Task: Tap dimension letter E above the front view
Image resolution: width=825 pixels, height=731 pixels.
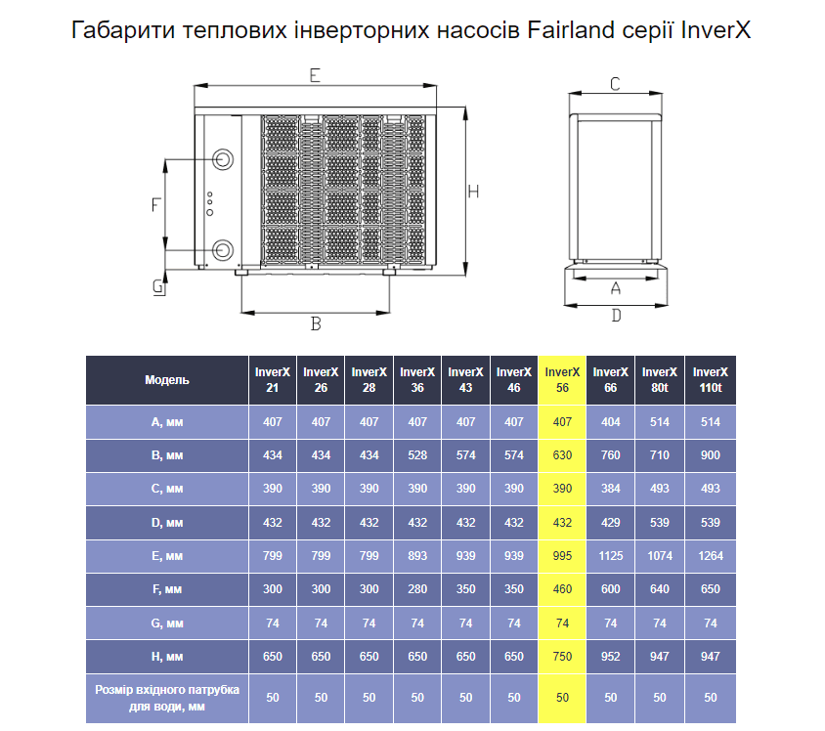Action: [x=315, y=75]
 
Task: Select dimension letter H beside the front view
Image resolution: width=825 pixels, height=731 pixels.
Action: [x=473, y=192]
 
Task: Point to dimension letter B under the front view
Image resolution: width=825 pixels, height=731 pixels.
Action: [x=316, y=323]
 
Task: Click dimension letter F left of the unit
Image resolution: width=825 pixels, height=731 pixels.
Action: [x=155, y=204]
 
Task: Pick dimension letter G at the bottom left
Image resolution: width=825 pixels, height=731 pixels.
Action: [x=157, y=286]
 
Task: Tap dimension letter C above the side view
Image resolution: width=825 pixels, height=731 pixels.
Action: [x=615, y=84]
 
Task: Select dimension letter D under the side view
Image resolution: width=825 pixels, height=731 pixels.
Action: [x=616, y=315]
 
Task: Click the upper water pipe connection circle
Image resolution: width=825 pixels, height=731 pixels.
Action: [x=223, y=159]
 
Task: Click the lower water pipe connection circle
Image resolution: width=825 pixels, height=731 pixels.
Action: [x=223, y=250]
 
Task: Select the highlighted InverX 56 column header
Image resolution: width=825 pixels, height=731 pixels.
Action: [x=562, y=380]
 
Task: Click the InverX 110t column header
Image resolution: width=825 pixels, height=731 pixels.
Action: [x=711, y=380]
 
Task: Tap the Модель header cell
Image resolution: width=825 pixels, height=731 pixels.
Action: [x=167, y=380]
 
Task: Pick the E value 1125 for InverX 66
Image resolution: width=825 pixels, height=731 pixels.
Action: [x=610, y=556]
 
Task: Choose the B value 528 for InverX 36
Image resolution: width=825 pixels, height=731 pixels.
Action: [x=417, y=454]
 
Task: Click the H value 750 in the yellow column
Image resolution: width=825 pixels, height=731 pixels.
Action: [x=562, y=657]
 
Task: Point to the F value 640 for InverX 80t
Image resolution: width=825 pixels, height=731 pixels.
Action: [x=659, y=589]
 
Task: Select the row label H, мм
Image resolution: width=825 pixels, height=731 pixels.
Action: [x=167, y=657]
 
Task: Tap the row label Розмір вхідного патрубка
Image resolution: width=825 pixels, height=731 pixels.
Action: [x=167, y=689]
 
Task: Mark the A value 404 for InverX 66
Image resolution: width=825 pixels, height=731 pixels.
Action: [x=610, y=422]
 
